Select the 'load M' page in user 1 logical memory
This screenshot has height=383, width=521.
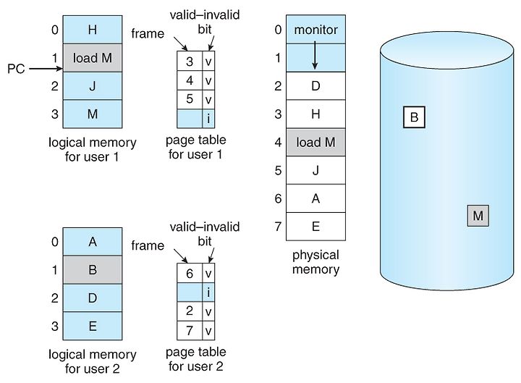click(92, 58)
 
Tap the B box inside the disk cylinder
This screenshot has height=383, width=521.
click(414, 117)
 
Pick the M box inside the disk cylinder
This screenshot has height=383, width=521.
click(478, 215)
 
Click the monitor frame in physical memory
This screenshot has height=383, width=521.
click(315, 30)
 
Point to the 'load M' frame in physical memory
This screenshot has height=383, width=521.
click(315, 143)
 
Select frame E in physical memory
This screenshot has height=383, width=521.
click(315, 226)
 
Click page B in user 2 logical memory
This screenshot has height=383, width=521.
click(92, 270)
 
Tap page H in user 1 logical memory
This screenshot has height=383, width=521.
click(92, 30)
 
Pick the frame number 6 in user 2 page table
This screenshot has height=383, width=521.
click(189, 274)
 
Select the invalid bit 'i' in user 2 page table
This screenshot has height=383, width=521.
click(209, 292)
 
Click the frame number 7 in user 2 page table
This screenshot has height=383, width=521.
click(189, 330)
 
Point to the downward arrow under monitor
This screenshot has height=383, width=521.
click(315, 58)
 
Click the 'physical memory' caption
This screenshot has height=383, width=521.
click(315, 262)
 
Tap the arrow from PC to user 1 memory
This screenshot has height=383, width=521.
click(43, 69)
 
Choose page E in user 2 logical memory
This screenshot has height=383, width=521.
click(92, 326)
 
